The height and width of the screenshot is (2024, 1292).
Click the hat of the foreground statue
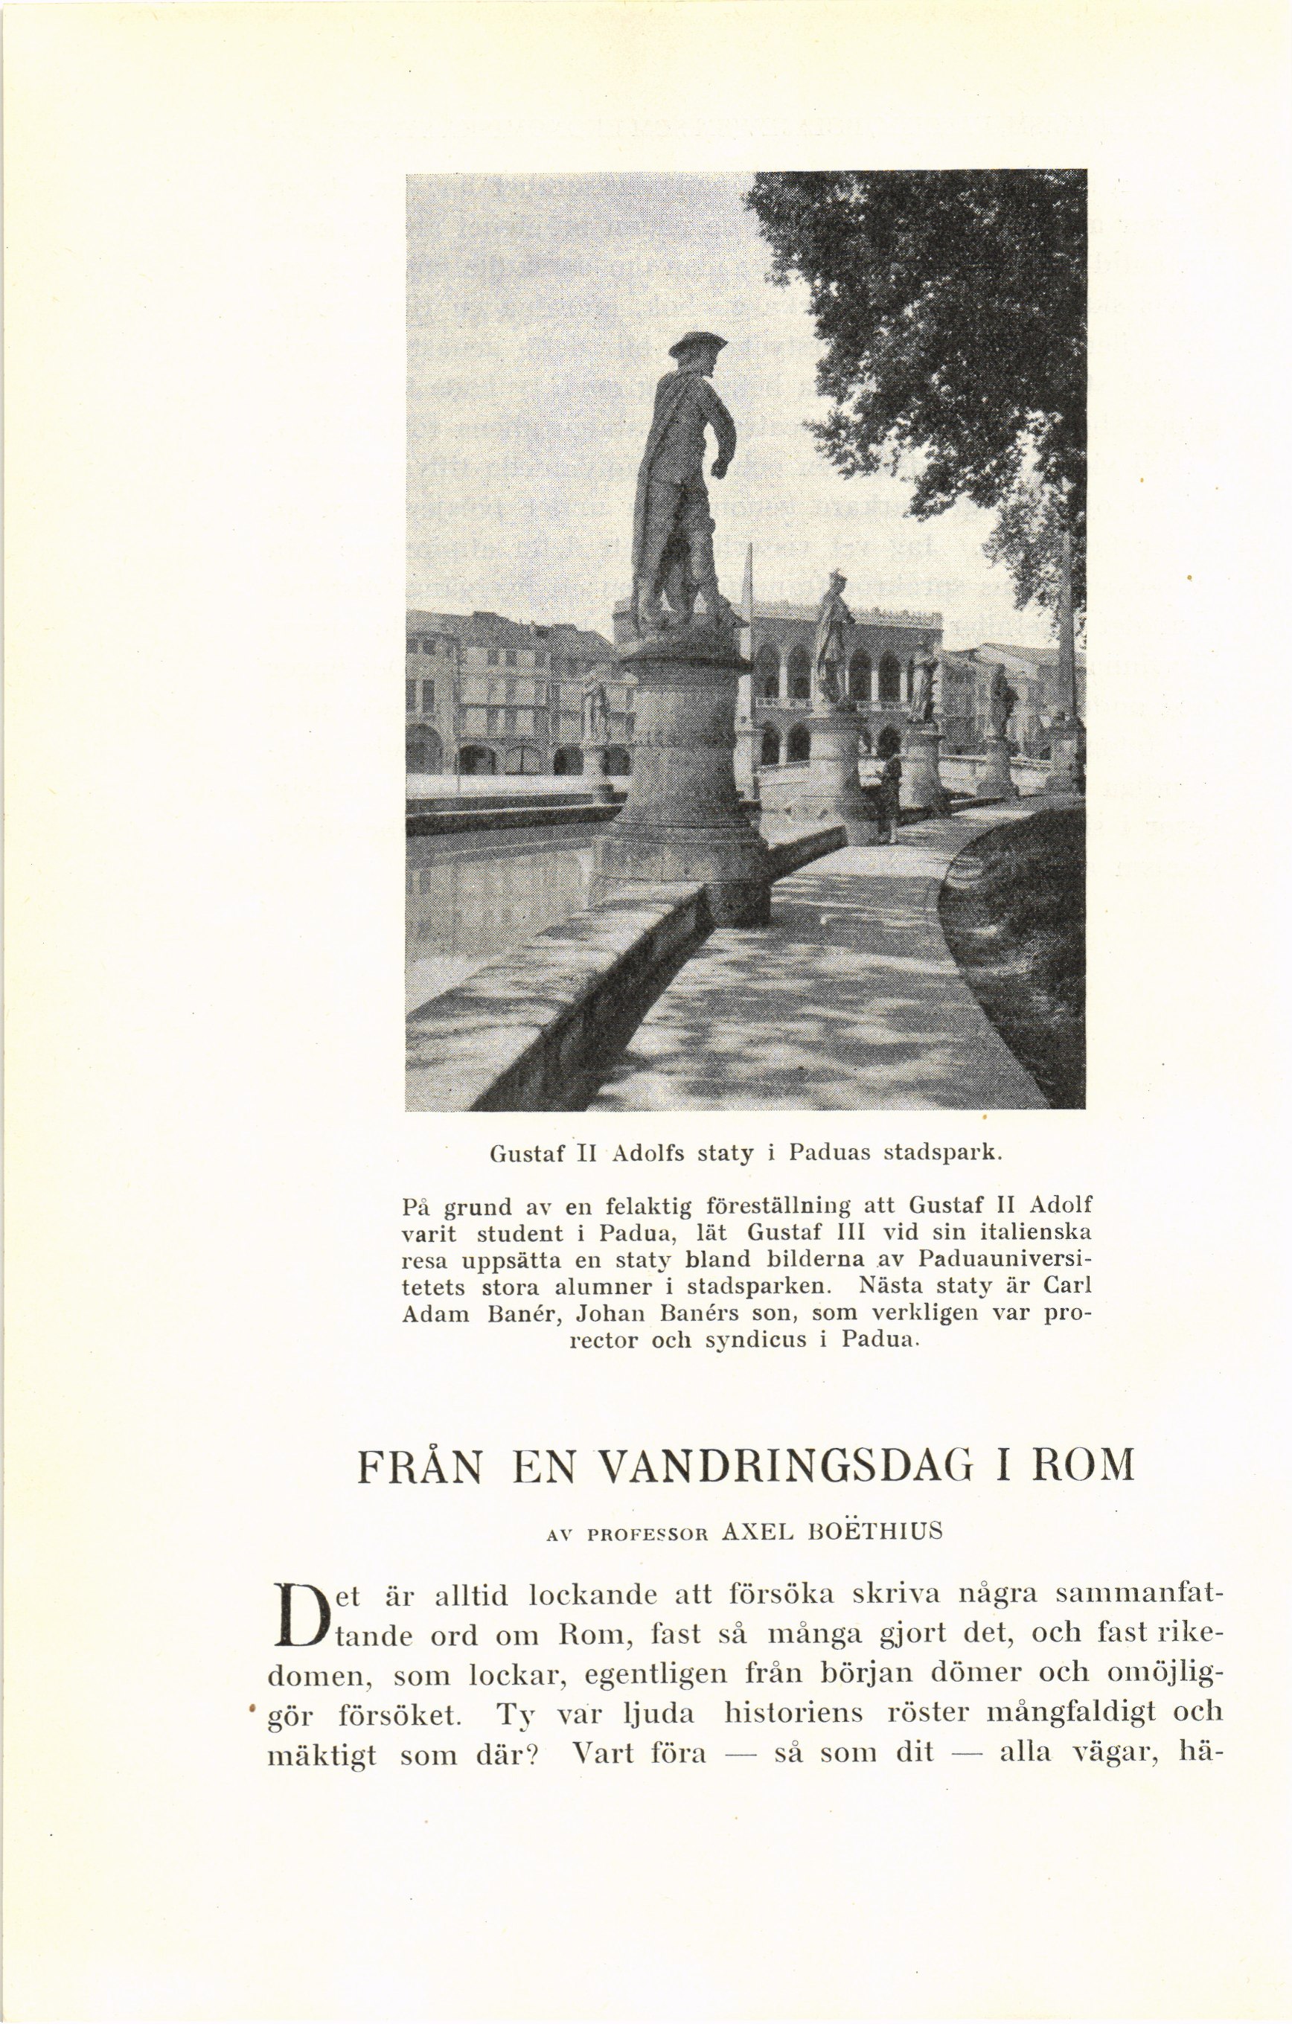coord(697,345)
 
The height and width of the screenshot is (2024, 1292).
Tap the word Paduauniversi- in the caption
coord(1005,1261)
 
